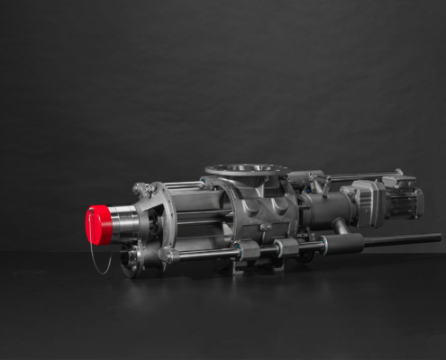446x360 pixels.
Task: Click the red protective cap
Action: pos(98,224)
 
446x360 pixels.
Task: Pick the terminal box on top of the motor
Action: pos(399,181)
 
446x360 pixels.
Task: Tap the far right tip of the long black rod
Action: pos(439,238)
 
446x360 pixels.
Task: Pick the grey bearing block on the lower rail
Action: pos(287,247)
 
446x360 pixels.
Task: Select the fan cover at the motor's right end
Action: pos(418,202)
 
